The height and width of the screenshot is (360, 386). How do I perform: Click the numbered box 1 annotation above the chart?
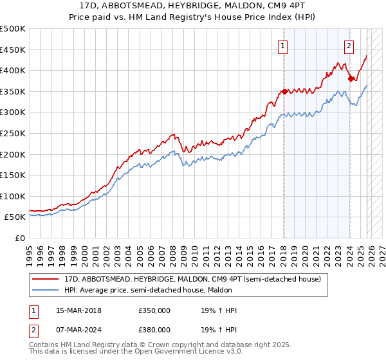(x=283, y=45)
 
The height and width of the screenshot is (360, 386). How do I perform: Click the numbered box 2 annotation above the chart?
(x=349, y=45)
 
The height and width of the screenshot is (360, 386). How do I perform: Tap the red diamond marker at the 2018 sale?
(x=284, y=91)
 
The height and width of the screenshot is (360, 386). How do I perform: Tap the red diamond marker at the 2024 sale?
(x=351, y=79)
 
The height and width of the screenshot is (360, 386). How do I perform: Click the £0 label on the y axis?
(x=19, y=238)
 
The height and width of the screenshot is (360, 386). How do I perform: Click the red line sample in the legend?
(x=46, y=278)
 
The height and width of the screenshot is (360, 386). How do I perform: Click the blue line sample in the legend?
(x=46, y=289)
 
